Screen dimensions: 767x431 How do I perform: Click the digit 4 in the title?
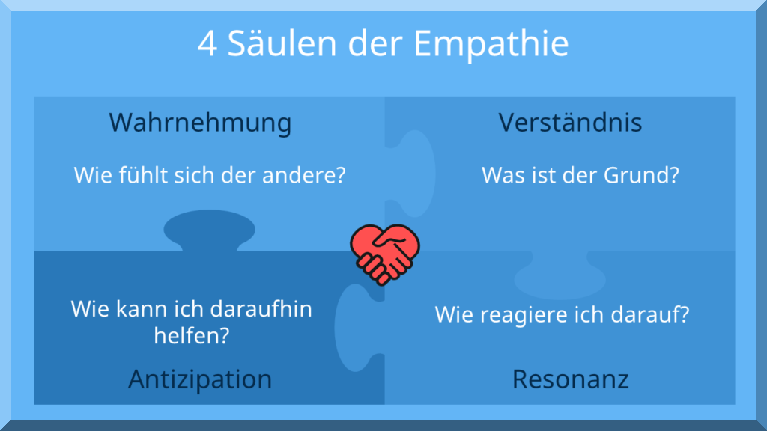click(x=207, y=44)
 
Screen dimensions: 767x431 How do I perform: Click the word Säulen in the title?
click(x=282, y=43)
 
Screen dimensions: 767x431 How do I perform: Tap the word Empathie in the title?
click(x=491, y=44)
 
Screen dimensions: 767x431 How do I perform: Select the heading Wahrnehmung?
click(x=200, y=122)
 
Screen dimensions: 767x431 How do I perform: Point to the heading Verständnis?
click(x=570, y=122)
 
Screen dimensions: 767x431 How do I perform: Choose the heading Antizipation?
click(x=200, y=379)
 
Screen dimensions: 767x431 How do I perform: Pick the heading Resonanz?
click(x=570, y=379)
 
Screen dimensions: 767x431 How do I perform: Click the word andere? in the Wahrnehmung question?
click(x=304, y=175)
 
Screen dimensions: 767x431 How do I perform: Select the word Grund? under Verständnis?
click(x=641, y=175)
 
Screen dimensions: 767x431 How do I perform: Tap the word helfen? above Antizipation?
click(x=192, y=336)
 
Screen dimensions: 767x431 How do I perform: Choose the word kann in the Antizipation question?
click(x=136, y=309)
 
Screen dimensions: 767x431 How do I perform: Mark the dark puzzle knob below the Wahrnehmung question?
click(x=210, y=230)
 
